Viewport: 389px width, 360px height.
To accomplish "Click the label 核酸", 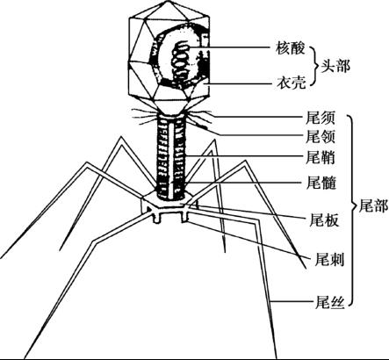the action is [291, 48].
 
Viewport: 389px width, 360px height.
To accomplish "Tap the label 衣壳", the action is [291, 83].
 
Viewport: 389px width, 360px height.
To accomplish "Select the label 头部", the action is [335, 66].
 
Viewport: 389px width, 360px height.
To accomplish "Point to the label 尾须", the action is [321, 118].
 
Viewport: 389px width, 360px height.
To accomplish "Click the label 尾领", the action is [321, 137].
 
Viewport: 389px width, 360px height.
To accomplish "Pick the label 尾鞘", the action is [321, 157].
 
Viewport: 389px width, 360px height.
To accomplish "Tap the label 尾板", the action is [324, 220].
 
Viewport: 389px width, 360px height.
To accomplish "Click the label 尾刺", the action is [329, 259].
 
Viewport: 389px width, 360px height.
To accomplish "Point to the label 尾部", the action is [373, 205].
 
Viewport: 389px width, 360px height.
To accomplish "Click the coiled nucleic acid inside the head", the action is [180, 62].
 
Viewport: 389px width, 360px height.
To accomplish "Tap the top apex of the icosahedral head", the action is [168, 1].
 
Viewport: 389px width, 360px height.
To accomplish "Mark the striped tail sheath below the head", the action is [171, 156].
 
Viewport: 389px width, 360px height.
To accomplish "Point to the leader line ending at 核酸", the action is [230, 47].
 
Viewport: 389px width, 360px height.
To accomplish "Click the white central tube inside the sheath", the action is [171, 160].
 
